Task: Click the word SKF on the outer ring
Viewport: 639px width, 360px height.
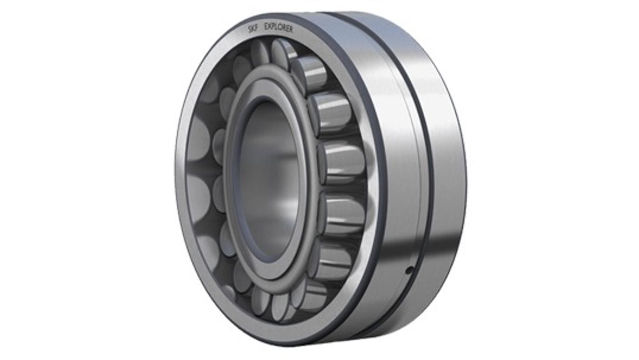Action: [253, 28]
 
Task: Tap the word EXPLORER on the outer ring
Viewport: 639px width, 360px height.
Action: [279, 27]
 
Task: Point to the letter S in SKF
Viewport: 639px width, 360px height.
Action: [250, 30]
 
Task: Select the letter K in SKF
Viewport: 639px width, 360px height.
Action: [253, 29]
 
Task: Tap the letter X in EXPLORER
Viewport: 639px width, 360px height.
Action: [270, 26]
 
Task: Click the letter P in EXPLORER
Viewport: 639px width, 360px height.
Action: [273, 27]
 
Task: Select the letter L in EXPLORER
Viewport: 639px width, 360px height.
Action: [277, 27]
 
